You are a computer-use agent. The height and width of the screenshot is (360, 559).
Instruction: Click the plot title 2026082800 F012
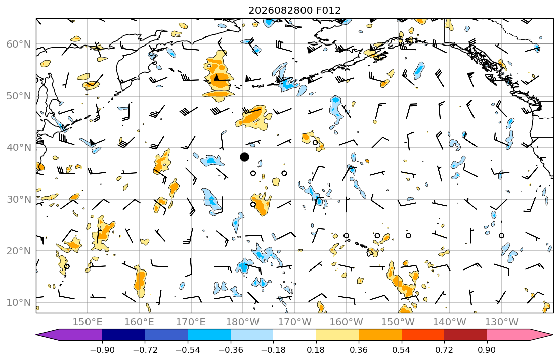click(294, 10)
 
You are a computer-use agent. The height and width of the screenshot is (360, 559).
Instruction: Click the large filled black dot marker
click(244, 157)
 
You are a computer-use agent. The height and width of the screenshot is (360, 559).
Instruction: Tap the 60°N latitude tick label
click(19, 44)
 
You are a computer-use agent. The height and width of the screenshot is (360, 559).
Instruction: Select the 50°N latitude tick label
click(19, 96)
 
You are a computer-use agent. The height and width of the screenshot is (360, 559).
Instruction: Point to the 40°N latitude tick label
click(19, 148)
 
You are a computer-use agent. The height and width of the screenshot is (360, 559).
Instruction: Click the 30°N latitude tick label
click(19, 199)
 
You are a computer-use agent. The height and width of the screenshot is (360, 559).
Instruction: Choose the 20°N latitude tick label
click(19, 251)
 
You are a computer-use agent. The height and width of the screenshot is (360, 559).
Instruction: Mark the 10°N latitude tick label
click(19, 303)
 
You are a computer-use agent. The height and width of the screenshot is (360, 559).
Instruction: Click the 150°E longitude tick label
click(88, 322)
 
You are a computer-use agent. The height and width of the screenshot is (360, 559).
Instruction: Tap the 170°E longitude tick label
click(191, 322)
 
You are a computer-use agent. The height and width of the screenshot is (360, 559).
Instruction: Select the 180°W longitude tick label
click(243, 322)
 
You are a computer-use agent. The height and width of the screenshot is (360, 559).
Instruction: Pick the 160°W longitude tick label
click(346, 322)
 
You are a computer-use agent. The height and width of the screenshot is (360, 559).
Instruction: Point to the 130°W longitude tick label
click(502, 322)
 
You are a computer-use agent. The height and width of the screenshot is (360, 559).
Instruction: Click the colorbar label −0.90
click(102, 350)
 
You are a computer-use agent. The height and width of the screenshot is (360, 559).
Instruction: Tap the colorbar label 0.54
click(402, 350)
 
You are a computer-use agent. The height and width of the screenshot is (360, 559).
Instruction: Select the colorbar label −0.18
click(273, 350)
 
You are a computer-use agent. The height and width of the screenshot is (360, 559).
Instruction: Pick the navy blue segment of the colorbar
click(123, 335)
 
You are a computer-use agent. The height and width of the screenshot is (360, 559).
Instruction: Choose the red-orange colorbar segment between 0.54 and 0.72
click(423, 335)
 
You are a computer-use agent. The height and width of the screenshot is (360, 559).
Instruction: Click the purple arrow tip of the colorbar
click(36, 335)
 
